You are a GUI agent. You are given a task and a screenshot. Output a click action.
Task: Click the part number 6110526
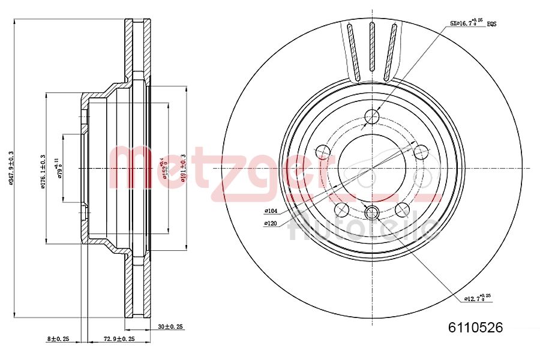point(475,328)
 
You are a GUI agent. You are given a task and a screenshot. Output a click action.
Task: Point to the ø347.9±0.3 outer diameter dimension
point(10,167)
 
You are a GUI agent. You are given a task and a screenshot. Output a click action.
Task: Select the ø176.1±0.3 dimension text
point(43,171)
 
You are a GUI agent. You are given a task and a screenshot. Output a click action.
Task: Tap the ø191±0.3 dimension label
point(184,167)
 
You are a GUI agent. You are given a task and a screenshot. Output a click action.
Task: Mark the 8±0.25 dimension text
point(58,339)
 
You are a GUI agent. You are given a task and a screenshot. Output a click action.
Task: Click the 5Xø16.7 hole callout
point(467,23)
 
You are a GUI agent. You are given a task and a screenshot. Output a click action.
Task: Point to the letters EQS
point(491,24)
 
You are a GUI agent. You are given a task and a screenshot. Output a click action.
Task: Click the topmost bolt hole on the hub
point(372,116)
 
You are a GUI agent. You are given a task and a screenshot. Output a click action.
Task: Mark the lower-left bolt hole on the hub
point(342,209)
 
